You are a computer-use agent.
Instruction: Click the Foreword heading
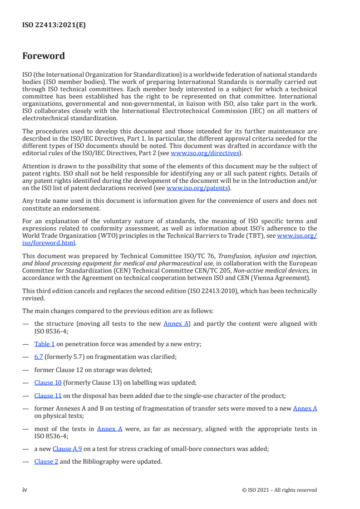click(44, 56)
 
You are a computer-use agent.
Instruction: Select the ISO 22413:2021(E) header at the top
click(54, 25)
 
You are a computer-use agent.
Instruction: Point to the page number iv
click(25, 490)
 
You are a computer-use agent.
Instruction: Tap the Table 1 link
click(44, 344)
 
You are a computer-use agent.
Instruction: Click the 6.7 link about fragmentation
click(39, 357)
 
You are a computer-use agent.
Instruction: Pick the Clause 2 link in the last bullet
click(46, 462)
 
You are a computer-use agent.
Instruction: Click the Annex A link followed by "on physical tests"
click(305, 408)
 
